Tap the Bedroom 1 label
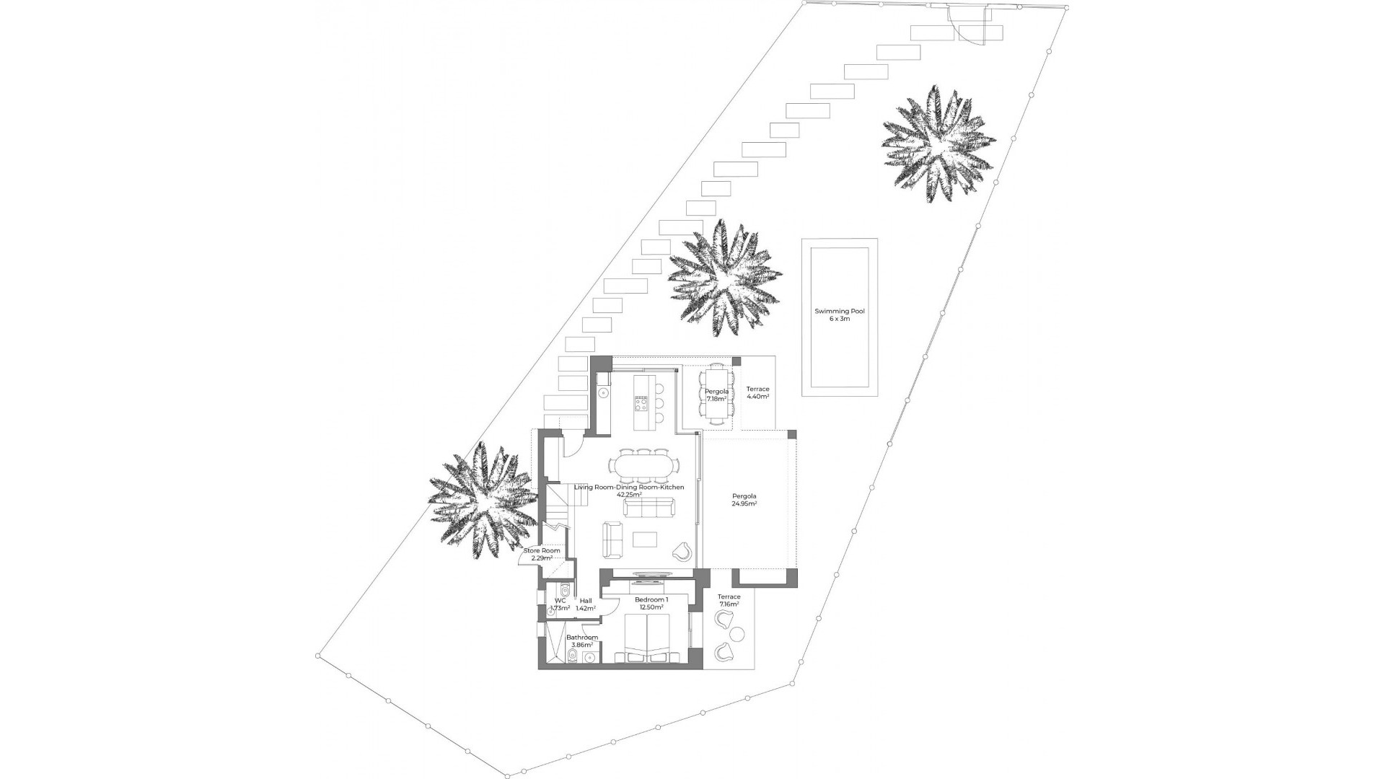(x=651, y=599)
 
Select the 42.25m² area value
(x=629, y=496)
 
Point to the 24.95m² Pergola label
(x=744, y=496)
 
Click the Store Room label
(x=542, y=550)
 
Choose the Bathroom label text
(x=581, y=638)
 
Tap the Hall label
(x=586, y=600)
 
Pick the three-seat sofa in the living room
(x=646, y=509)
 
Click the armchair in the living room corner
(x=682, y=551)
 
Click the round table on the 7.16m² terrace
(x=738, y=635)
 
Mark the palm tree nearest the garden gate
(x=938, y=142)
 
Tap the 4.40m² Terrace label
(x=757, y=392)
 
